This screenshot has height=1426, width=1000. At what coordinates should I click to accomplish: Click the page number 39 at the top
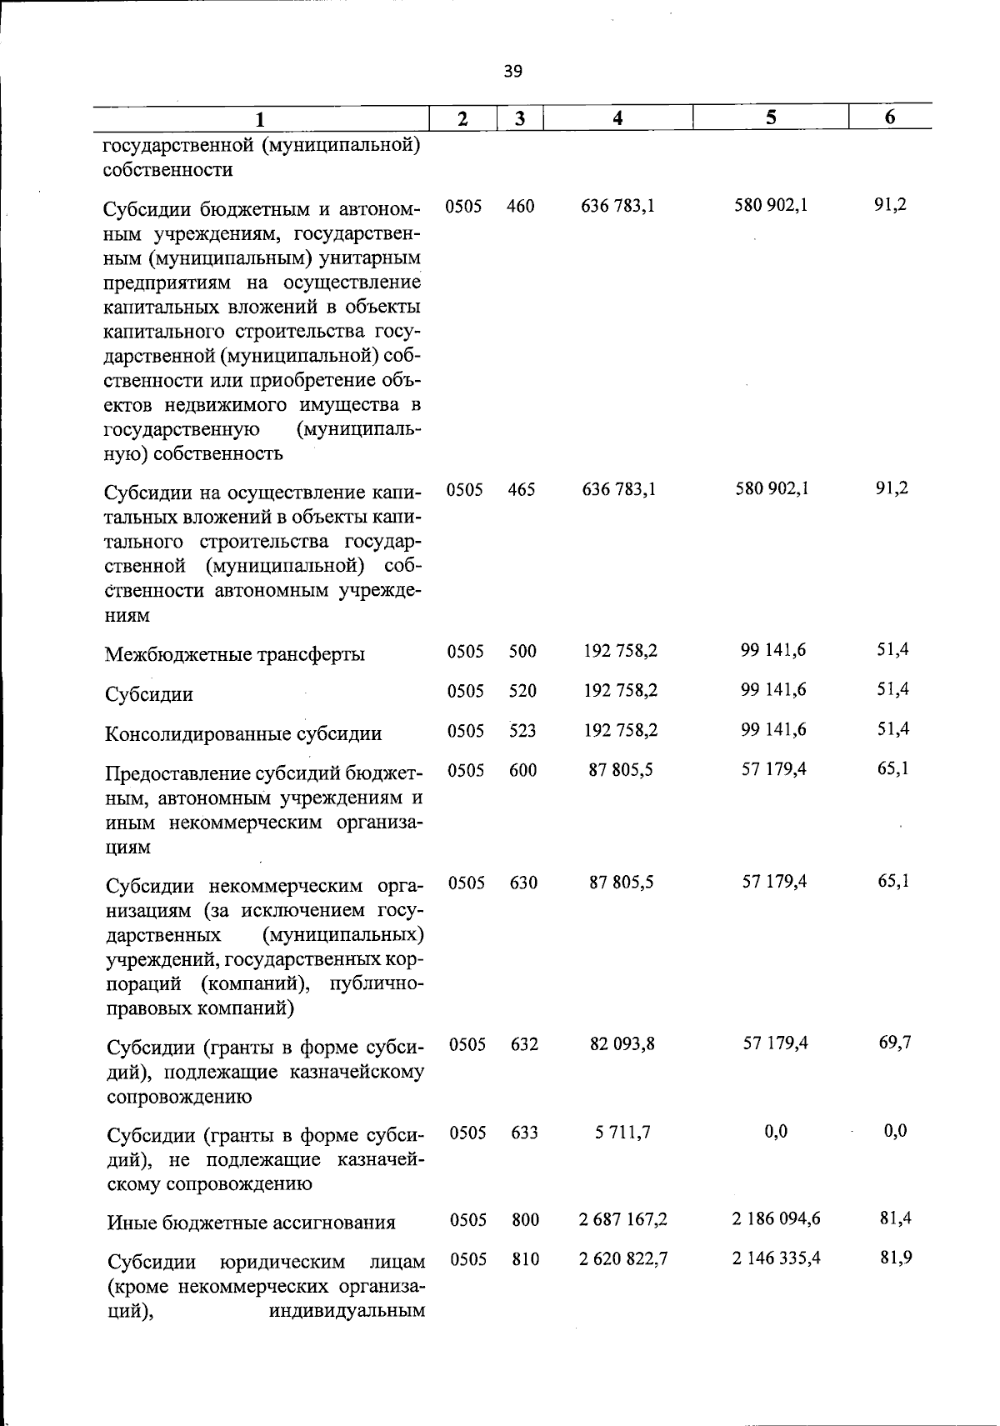click(x=512, y=72)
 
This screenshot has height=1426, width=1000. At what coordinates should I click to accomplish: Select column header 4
click(x=617, y=118)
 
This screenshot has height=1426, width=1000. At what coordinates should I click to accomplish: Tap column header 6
click(x=890, y=118)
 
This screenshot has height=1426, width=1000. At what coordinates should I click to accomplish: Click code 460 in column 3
click(x=520, y=206)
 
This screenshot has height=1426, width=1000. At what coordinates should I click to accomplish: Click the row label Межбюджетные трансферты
click(x=234, y=654)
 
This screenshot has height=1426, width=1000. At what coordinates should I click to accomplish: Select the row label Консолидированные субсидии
click(x=243, y=734)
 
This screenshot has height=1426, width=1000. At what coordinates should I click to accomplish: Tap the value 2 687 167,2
click(x=623, y=1219)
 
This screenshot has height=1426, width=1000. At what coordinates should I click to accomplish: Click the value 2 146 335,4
click(x=776, y=1258)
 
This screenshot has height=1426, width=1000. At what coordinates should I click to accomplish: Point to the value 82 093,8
click(x=622, y=1043)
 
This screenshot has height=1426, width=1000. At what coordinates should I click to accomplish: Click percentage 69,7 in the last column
click(x=894, y=1043)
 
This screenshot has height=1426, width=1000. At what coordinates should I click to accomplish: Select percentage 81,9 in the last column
click(x=896, y=1257)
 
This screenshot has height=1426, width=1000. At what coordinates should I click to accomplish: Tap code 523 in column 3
click(x=522, y=731)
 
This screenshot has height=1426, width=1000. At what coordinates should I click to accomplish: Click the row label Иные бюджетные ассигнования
click(x=251, y=1223)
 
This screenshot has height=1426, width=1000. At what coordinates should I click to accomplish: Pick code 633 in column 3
click(x=524, y=1133)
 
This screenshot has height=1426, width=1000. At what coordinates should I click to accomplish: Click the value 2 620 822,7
click(x=623, y=1258)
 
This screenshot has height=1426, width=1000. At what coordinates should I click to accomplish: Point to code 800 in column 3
click(x=525, y=1220)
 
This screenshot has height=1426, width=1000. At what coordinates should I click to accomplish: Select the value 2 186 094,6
click(x=776, y=1219)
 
